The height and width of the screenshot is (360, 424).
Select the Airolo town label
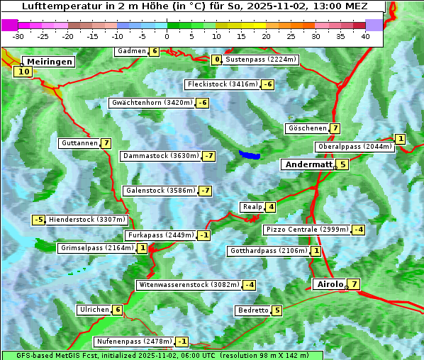tap(330, 284)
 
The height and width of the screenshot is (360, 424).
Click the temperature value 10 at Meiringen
tap(24, 71)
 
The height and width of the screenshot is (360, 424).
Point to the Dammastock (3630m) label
tap(160, 156)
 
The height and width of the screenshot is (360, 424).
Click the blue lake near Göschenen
tap(249, 154)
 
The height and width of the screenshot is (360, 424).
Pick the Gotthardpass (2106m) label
tap(268, 251)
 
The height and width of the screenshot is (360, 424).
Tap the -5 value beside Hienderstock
tap(39, 220)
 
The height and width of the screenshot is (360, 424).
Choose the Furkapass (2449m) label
tap(160, 235)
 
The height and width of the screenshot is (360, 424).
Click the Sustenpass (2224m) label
tap(260, 60)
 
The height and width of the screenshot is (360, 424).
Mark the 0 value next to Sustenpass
tap(217, 60)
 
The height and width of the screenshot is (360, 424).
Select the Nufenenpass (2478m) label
tap(134, 342)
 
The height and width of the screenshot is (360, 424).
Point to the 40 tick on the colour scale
tap(365, 36)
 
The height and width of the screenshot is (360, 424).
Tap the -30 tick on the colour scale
tap(18, 36)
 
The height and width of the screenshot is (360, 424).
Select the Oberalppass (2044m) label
tap(355, 147)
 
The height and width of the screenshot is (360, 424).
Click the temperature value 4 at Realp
tap(271, 207)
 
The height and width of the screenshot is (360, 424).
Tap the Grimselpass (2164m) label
tap(96, 248)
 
